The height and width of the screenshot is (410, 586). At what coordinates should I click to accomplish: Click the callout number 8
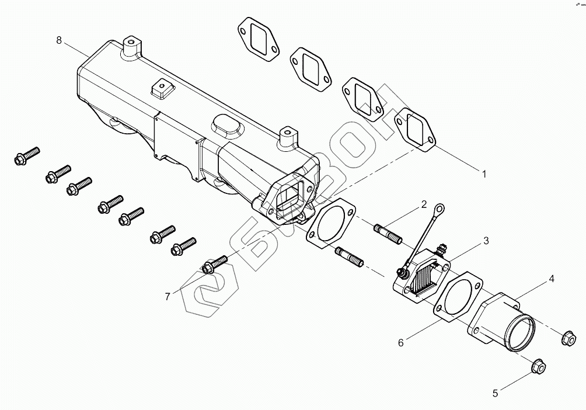[59, 40]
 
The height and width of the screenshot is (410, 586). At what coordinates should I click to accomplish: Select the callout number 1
[484, 174]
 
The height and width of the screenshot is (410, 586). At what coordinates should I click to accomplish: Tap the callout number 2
[423, 204]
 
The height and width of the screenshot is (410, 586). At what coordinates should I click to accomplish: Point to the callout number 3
[486, 241]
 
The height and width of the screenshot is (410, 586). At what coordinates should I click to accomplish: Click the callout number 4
[551, 279]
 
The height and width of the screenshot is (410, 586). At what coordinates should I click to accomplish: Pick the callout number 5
[495, 393]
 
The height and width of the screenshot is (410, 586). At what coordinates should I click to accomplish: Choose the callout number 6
[400, 342]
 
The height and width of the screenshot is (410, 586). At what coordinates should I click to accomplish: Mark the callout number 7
[168, 297]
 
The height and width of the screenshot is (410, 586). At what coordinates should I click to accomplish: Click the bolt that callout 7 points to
[214, 264]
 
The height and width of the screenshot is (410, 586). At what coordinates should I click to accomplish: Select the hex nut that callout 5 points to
[538, 366]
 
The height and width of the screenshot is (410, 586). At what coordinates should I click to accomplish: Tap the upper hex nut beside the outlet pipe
[568, 338]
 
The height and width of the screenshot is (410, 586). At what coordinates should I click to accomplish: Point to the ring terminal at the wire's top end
[440, 209]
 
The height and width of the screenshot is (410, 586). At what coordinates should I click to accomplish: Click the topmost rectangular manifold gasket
[259, 39]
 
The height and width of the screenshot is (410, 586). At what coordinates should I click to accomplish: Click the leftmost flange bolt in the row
[26, 156]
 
